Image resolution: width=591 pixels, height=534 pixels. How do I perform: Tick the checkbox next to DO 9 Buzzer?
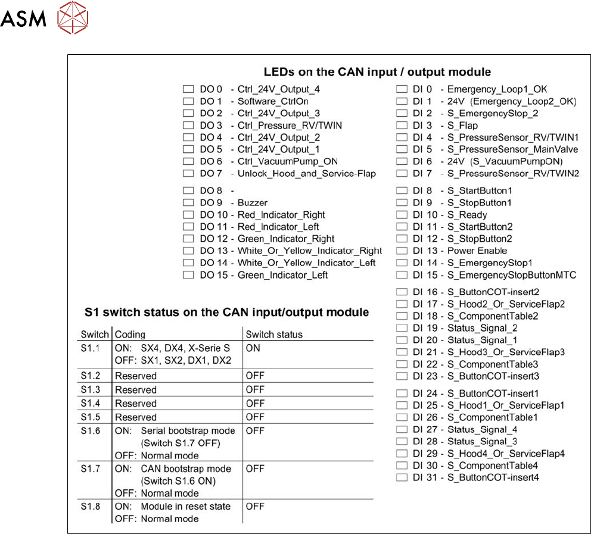(188, 202)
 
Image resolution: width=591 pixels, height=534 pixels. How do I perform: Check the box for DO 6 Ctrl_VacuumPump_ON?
(188, 161)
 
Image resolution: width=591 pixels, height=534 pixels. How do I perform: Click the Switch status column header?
(274, 335)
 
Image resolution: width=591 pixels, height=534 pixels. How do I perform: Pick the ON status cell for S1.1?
(253, 348)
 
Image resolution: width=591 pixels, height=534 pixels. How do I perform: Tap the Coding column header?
(130, 335)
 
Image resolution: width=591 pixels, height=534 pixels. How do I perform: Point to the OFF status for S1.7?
(255, 469)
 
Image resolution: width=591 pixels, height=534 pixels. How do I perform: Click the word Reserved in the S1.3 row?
(136, 390)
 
